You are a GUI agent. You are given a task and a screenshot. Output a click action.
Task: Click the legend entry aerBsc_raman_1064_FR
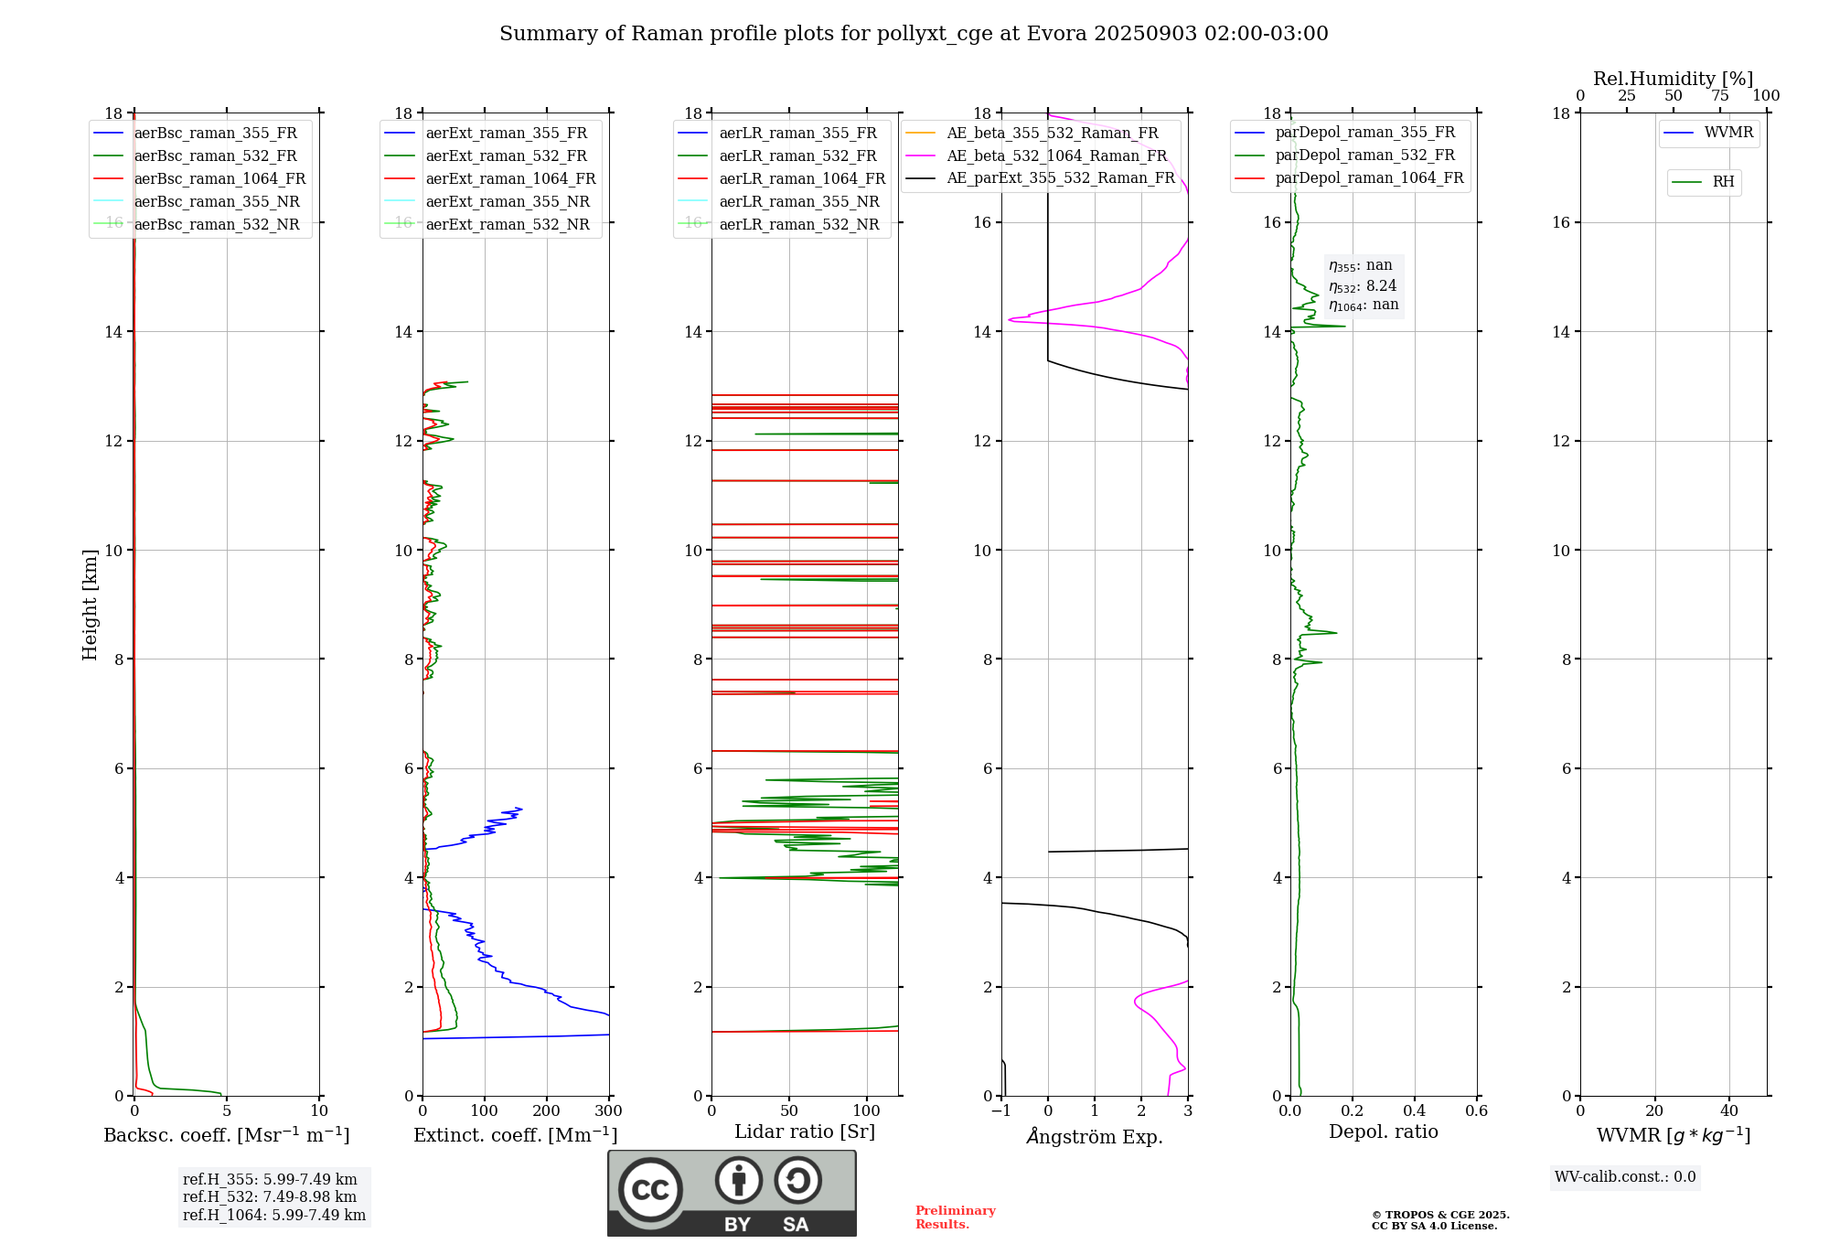click(219, 179)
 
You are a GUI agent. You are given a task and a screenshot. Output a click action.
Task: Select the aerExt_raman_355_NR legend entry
click(508, 202)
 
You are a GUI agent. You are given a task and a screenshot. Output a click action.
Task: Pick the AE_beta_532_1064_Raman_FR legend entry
click(1056, 156)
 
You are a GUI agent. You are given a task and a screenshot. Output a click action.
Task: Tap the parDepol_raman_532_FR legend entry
click(1364, 155)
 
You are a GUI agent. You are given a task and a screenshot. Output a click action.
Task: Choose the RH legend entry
click(1723, 182)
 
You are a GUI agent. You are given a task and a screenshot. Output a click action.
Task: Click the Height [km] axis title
click(90, 604)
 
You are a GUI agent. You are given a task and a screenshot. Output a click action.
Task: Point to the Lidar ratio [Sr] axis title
click(805, 1131)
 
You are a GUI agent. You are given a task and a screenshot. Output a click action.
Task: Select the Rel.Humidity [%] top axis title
click(1673, 79)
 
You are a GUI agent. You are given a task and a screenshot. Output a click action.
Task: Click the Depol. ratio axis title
click(1383, 1131)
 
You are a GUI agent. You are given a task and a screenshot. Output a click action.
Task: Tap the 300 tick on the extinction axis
click(609, 1111)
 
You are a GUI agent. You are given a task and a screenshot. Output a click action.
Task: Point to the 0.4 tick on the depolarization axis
click(1414, 1111)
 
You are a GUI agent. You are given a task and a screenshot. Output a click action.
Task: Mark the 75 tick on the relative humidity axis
click(1720, 96)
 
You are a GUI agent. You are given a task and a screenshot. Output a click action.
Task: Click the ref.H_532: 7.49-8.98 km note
click(270, 1196)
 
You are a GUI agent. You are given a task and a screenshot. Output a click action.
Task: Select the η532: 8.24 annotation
click(1363, 286)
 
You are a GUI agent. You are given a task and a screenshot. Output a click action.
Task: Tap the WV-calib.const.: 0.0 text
click(1625, 1177)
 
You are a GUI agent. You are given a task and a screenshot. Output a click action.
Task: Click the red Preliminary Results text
click(955, 1217)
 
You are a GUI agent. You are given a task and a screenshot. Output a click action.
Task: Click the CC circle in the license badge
click(650, 1190)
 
